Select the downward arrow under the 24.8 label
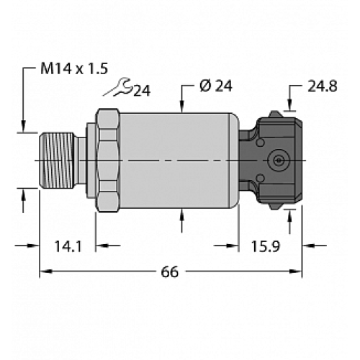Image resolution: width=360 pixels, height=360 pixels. [x=291, y=107]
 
